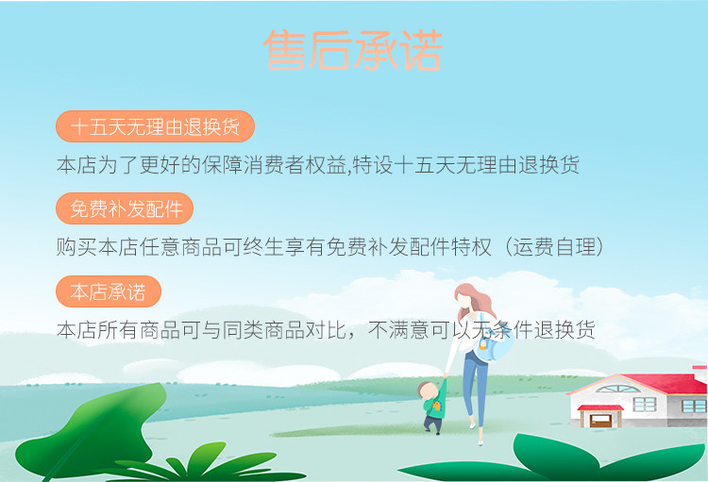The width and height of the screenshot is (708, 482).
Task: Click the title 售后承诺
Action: pos(353,50)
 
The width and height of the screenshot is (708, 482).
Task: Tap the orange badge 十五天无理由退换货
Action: pos(155,126)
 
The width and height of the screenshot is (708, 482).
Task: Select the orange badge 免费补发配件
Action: pos(125,208)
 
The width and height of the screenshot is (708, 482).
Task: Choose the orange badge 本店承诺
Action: pos(109,291)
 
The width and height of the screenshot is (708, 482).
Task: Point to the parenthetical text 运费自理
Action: pos(554,247)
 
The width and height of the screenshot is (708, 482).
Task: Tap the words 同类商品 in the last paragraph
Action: pos(263,330)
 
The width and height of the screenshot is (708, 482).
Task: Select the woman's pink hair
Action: pos(474,300)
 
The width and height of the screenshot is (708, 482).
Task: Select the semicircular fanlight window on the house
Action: pos(617,389)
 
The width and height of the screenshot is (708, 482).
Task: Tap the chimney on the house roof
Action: pos(700,374)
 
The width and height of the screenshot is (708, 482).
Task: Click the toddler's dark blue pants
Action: pos(432,424)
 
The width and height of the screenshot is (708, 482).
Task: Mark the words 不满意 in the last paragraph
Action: pos(398,330)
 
